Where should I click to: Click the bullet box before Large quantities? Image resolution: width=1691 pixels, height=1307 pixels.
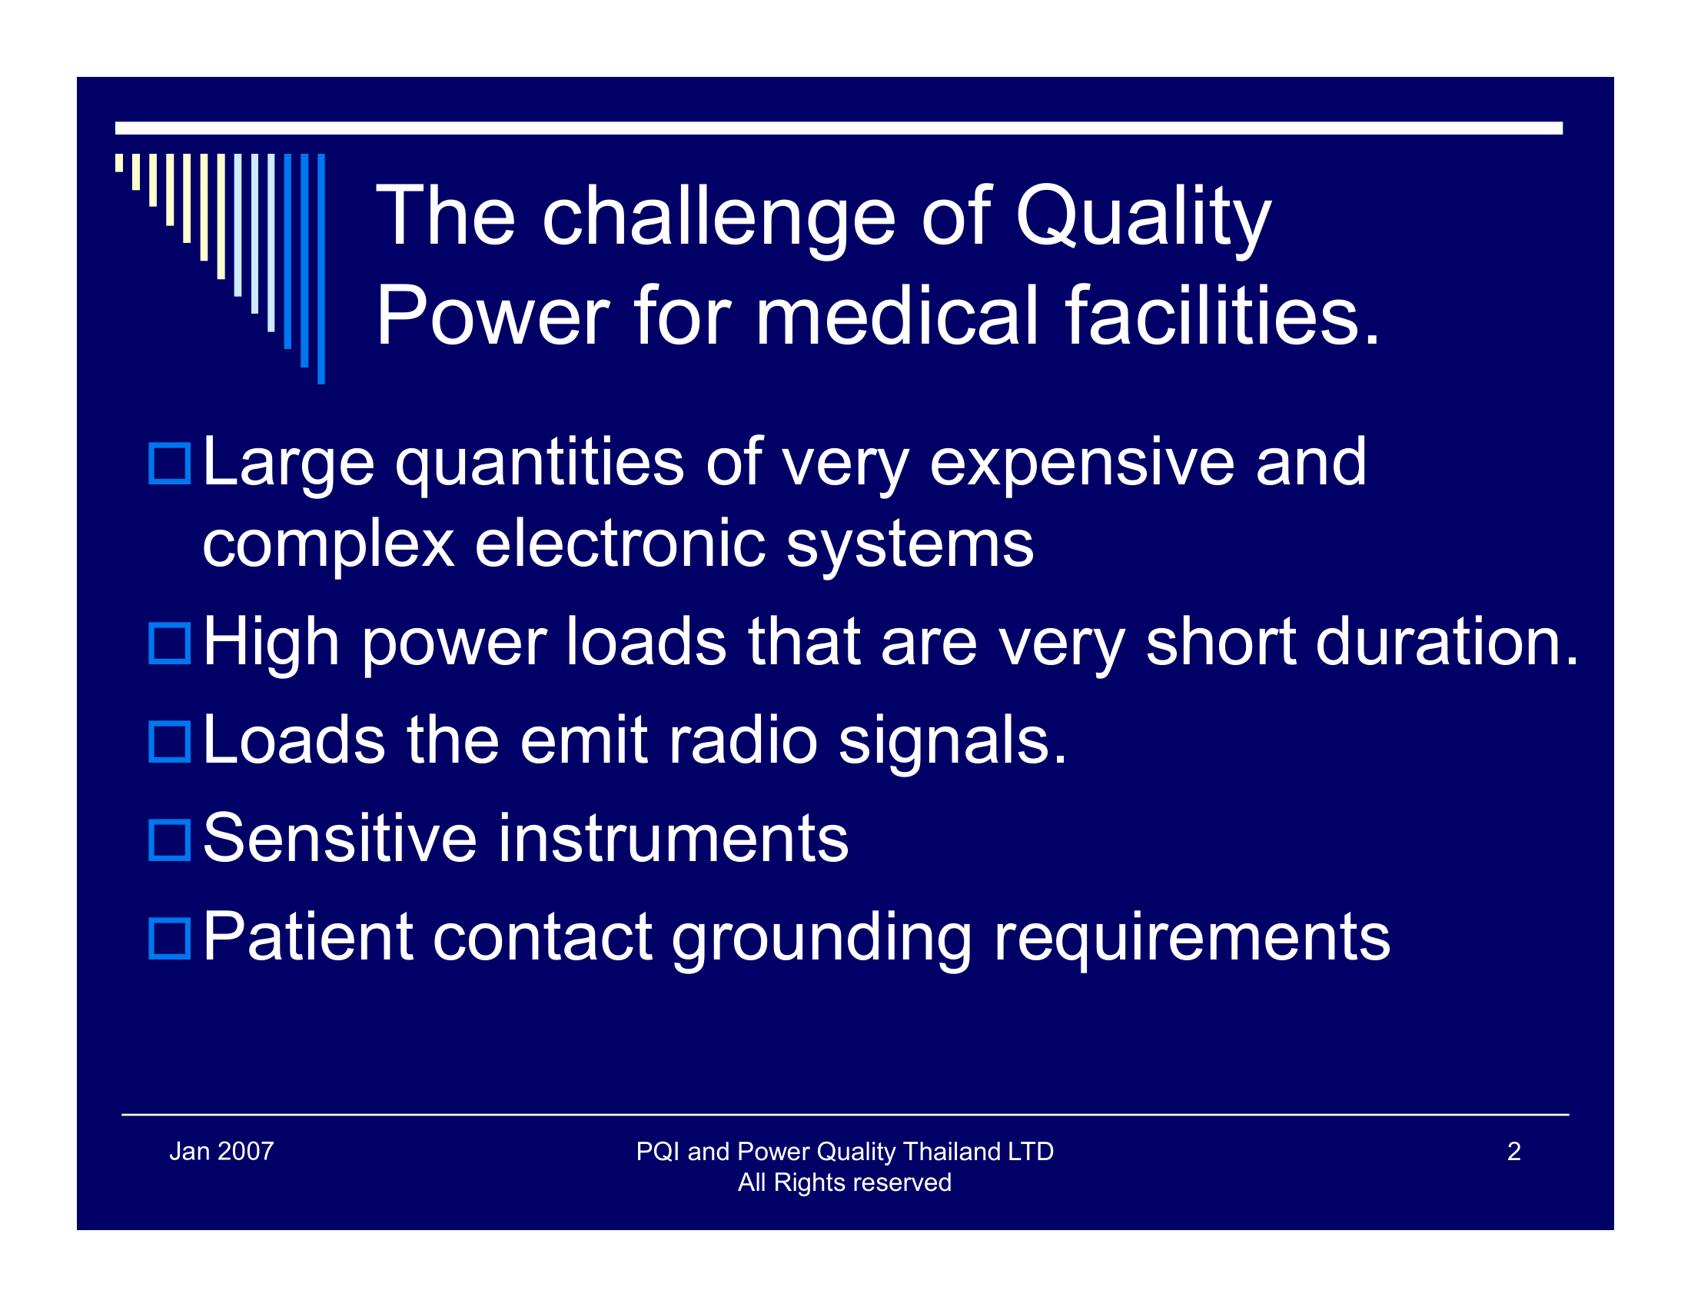point(169,464)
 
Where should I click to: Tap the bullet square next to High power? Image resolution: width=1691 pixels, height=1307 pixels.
point(169,644)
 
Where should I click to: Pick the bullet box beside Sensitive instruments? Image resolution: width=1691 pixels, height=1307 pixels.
point(169,840)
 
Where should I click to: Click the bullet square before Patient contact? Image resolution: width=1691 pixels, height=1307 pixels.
point(169,939)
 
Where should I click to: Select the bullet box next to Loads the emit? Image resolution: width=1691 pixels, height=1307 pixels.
point(169,742)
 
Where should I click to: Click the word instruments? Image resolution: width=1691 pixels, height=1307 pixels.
point(673,839)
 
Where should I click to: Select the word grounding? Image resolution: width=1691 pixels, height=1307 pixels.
point(822,939)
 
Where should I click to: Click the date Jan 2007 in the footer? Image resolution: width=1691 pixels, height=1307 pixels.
point(221,1152)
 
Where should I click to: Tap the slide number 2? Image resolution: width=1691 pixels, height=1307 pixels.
point(1513,1152)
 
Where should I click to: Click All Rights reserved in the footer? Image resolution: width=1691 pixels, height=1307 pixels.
point(844,1182)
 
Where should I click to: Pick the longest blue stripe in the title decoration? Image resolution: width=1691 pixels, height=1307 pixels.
point(321,268)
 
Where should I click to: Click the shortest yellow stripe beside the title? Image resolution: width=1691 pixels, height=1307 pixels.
point(119,162)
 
